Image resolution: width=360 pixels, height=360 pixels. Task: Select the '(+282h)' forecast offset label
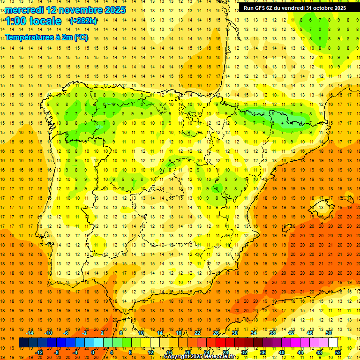83,21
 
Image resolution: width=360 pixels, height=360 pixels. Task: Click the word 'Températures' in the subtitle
29,37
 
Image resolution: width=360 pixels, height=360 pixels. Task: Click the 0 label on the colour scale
93,352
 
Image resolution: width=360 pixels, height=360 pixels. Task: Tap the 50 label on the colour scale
328,333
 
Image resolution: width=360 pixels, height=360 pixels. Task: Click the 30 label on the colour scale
234,333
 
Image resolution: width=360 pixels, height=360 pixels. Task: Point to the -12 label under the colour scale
39,352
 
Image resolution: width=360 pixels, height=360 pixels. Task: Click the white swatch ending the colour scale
333,343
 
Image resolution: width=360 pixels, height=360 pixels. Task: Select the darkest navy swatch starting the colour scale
23,343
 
